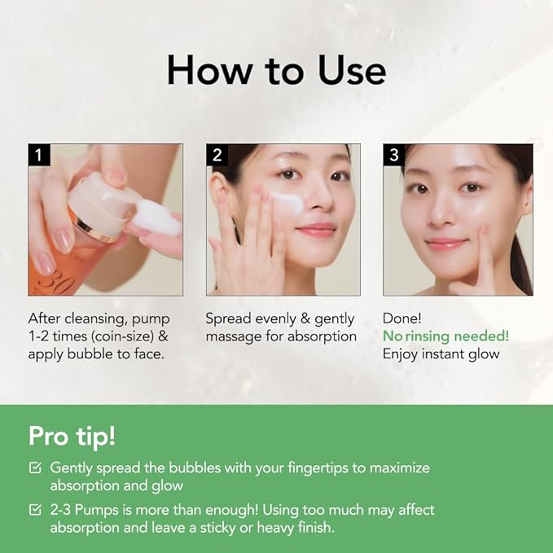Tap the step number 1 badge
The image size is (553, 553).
pyautogui.click(x=38, y=155)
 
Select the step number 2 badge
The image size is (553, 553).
pyautogui.click(x=216, y=155)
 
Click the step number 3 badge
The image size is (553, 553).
pyautogui.click(x=393, y=155)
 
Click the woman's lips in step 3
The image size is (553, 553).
pyautogui.click(x=445, y=244)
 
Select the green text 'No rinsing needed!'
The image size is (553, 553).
pyautogui.click(x=445, y=336)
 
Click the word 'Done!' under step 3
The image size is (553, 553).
pyautogui.click(x=402, y=318)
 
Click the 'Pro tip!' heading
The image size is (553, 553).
pyautogui.click(x=72, y=436)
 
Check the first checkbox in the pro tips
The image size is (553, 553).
pyautogui.click(x=35, y=468)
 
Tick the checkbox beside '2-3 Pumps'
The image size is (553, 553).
pyautogui.click(x=35, y=510)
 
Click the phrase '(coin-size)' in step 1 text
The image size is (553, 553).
pyautogui.click(x=119, y=336)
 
